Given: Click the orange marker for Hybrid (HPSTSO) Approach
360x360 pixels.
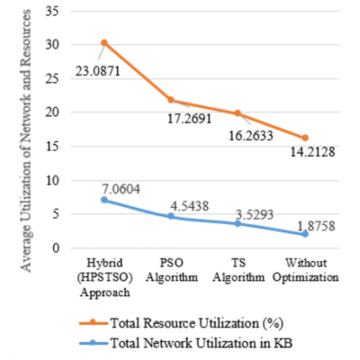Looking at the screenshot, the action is point(104,43).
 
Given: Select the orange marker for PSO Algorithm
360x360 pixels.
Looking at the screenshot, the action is point(171,100).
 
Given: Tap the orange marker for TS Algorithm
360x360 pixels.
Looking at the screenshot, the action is point(238,113).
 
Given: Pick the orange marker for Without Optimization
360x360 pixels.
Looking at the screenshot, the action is point(305,138).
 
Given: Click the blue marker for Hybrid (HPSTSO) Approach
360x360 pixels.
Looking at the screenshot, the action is point(104,199).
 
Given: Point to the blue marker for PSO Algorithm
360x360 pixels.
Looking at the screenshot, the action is point(171,216).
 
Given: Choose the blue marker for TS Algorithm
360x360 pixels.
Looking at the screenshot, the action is point(238,223).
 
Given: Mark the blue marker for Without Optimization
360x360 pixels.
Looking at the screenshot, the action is point(305,234).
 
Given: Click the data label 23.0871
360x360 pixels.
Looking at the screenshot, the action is point(97,71).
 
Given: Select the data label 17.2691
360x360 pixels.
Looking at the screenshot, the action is point(190,118).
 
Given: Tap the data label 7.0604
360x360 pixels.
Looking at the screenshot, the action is point(121,189).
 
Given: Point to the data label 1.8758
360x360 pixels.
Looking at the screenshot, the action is point(316,226).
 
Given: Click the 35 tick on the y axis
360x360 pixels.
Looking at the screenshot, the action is point(52,11).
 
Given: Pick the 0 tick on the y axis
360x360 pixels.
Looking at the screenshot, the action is point(56,248).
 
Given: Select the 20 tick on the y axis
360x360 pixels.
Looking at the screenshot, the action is point(52,112).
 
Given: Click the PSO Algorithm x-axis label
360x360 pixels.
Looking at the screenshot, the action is point(172,270).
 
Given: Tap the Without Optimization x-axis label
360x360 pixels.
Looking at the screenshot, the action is point(305,270).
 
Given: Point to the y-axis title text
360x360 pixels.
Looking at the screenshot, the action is point(25,141).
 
